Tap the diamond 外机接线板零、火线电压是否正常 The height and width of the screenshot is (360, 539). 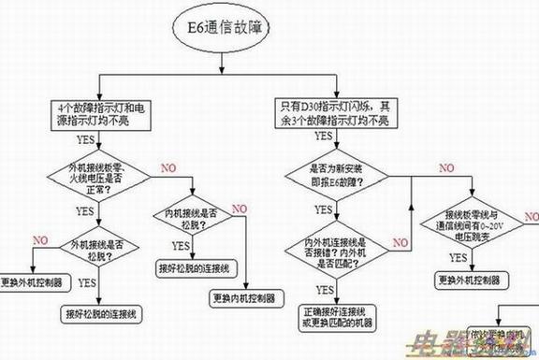(93, 177)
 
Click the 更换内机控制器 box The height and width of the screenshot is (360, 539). (241, 298)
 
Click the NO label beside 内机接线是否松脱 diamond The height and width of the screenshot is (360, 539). (240, 208)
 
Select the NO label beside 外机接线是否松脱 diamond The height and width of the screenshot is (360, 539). (39, 240)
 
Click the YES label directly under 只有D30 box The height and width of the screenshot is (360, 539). (324, 137)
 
